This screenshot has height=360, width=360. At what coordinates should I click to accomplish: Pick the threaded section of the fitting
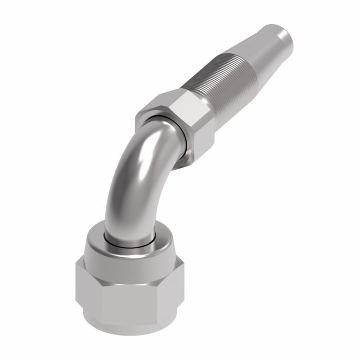pos(216,82)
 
